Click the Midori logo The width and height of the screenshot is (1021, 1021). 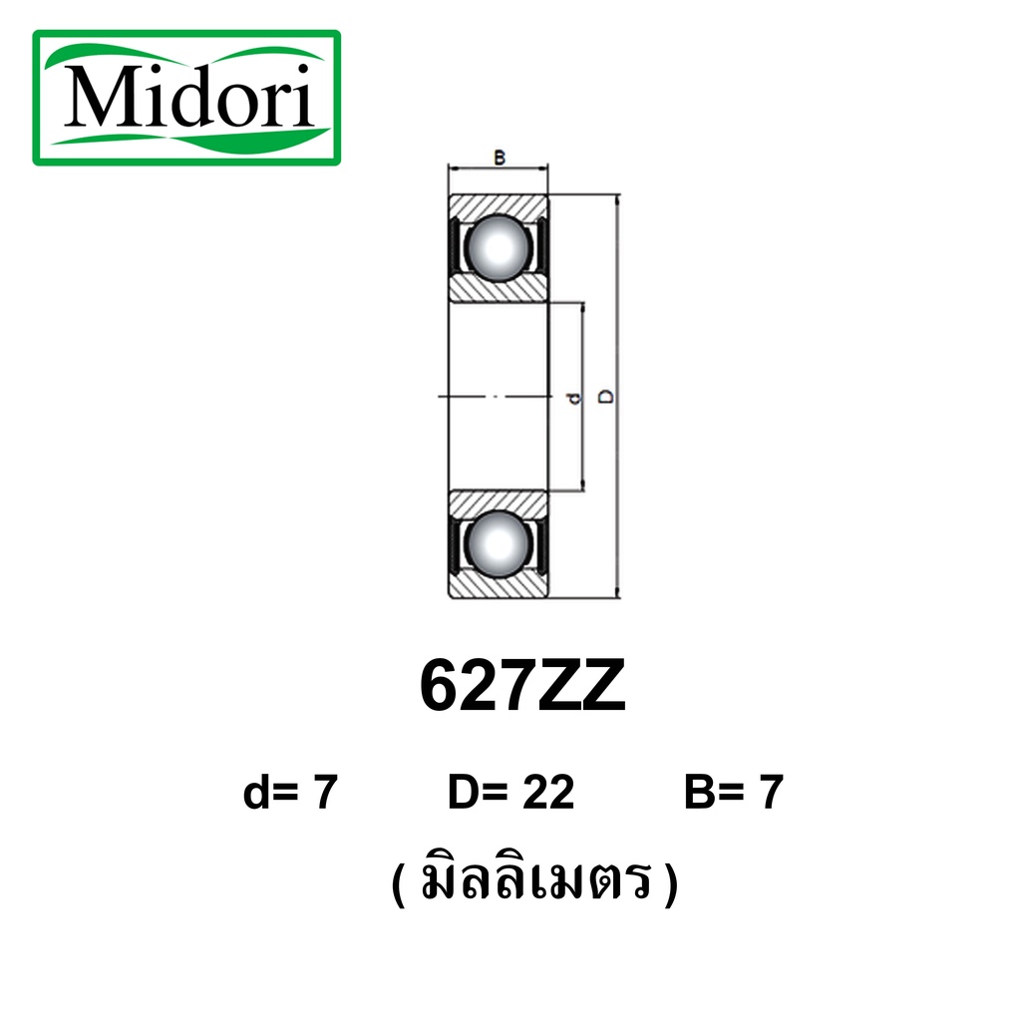[x=186, y=98]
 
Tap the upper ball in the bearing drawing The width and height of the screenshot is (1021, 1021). [x=499, y=248]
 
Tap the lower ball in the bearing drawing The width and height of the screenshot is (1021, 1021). [x=499, y=544]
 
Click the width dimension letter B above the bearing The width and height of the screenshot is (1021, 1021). [x=500, y=158]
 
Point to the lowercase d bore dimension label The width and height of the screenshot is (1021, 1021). [x=573, y=397]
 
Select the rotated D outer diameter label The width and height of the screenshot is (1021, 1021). [x=605, y=397]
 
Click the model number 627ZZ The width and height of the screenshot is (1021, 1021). [x=522, y=686]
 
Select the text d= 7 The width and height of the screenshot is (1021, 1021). [x=290, y=792]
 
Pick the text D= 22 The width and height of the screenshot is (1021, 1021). [x=511, y=792]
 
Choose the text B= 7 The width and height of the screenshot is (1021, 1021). [x=734, y=792]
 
